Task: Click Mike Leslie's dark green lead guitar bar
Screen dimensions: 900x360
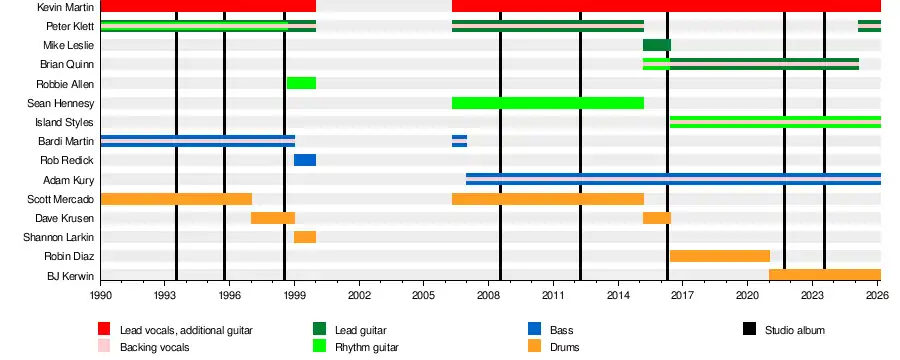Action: coord(657,45)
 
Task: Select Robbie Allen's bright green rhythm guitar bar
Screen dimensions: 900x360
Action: coord(301,83)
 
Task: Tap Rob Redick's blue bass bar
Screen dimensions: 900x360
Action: coord(305,160)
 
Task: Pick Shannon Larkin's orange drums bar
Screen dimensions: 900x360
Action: coord(305,237)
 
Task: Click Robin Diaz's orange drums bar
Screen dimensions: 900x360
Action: coord(720,256)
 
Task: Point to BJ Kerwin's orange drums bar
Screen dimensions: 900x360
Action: coord(825,275)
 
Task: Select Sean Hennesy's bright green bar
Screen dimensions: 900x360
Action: coord(548,103)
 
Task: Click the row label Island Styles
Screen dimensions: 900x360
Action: coord(64,122)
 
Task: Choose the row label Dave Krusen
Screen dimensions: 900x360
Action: coord(64,218)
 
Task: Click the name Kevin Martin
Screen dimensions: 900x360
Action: coord(65,7)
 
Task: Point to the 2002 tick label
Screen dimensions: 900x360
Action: coord(359,295)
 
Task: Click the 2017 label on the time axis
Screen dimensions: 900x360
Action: coord(682,295)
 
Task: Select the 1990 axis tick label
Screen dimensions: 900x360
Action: coord(100,295)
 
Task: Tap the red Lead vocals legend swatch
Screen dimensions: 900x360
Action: coord(104,329)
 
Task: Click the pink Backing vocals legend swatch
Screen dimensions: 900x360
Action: coord(104,346)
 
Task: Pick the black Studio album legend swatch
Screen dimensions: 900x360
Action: coord(749,329)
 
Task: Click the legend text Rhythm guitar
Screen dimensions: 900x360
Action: coord(367,347)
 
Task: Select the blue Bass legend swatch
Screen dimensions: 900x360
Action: coord(534,329)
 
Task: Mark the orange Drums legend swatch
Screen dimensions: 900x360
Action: coord(534,346)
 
